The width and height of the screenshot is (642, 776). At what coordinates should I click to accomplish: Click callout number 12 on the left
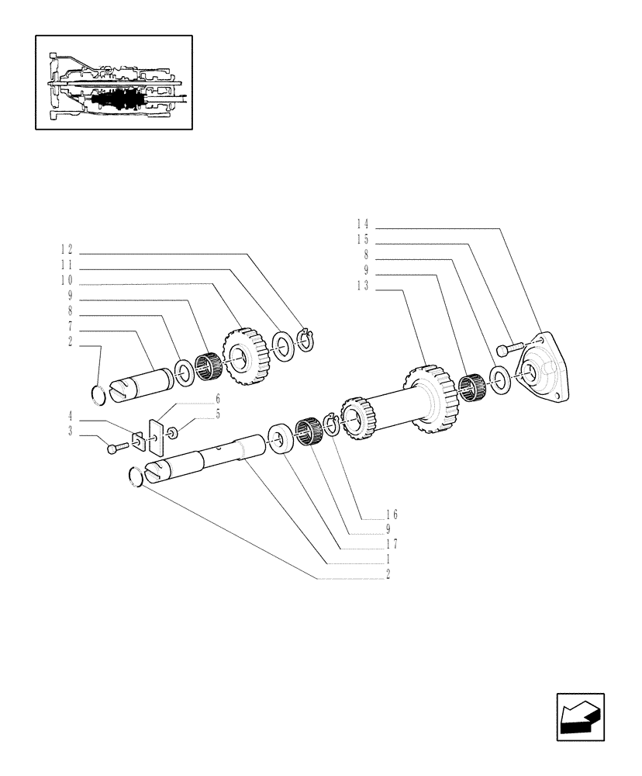point(67,250)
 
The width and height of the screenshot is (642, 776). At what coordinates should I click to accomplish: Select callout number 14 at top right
point(363,226)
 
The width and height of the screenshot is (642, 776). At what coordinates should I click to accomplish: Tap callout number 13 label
point(363,286)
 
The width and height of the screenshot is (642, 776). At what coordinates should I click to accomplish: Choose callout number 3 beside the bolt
point(70,431)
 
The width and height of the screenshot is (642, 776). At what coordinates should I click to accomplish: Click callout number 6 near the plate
point(217,398)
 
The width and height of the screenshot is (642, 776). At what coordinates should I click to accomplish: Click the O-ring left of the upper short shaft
point(98,395)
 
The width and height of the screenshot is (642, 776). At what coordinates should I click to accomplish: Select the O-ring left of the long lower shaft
point(135,476)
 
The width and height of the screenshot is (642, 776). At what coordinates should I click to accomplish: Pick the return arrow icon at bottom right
point(580,718)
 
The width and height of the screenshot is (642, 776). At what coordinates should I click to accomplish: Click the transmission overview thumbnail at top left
point(113,81)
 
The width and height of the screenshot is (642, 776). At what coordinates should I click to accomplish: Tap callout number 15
point(363,241)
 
